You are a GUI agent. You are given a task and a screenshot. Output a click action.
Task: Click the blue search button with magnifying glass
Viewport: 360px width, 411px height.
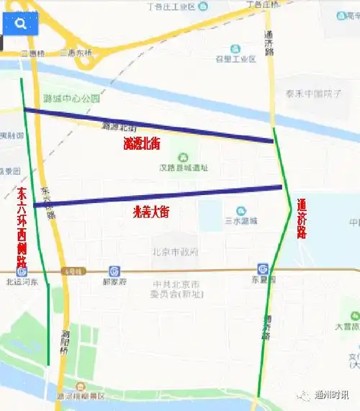20,23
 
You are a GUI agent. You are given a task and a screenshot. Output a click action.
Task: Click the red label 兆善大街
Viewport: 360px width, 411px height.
151,212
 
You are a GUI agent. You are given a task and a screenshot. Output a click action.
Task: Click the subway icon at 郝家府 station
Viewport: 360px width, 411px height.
114,271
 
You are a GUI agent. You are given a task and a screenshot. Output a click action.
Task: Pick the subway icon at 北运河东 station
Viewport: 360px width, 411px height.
22,272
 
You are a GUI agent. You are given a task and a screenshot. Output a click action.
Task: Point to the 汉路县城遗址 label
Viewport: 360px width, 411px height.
184,168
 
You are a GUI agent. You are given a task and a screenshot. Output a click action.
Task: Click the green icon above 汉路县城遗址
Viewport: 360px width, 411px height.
183,156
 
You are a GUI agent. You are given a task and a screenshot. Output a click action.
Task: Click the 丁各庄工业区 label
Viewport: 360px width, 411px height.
171,6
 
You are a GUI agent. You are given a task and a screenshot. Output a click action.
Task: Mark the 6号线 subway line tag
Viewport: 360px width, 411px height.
73,271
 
